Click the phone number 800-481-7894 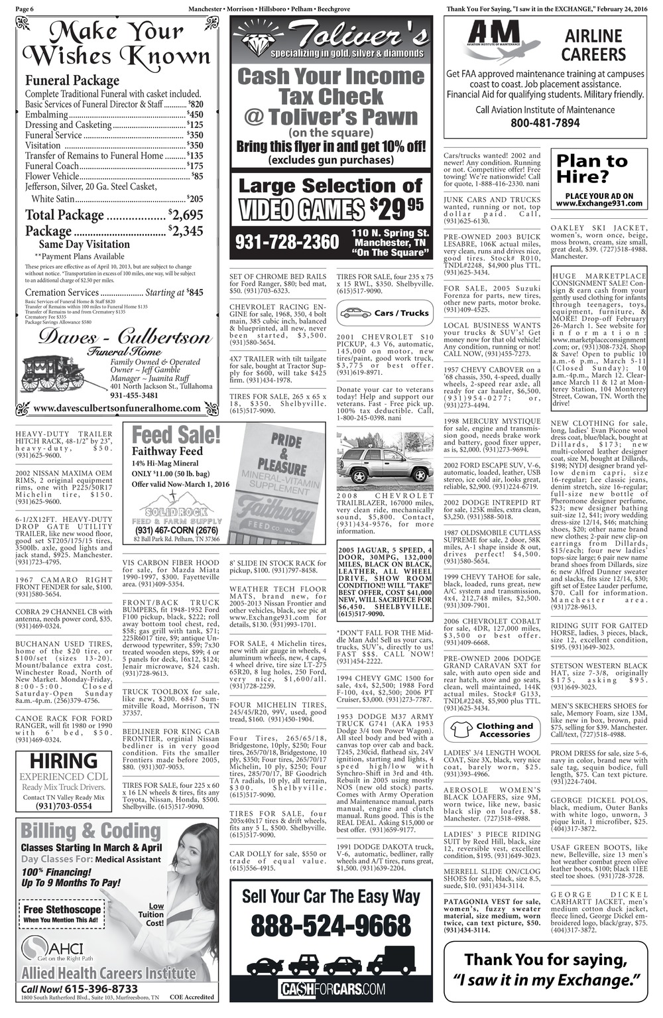coord(545,123)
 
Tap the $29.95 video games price coord(396,209)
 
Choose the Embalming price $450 coord(195,115)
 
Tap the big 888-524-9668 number coord(331,925)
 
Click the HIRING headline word coord(64,761)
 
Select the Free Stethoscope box coord(62,914)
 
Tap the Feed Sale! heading coord(176,436)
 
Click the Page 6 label coord(25,9)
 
